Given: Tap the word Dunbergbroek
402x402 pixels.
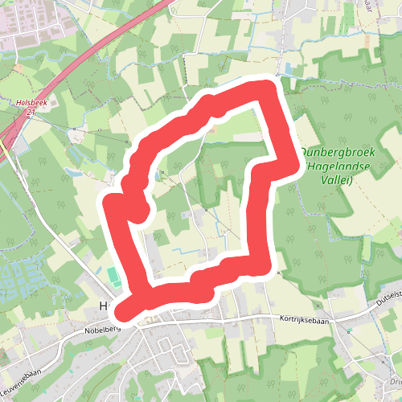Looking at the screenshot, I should tap(330, 152).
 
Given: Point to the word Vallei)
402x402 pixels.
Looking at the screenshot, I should tap(337, 181).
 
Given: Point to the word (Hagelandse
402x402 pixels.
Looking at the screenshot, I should tap(330, 167).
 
